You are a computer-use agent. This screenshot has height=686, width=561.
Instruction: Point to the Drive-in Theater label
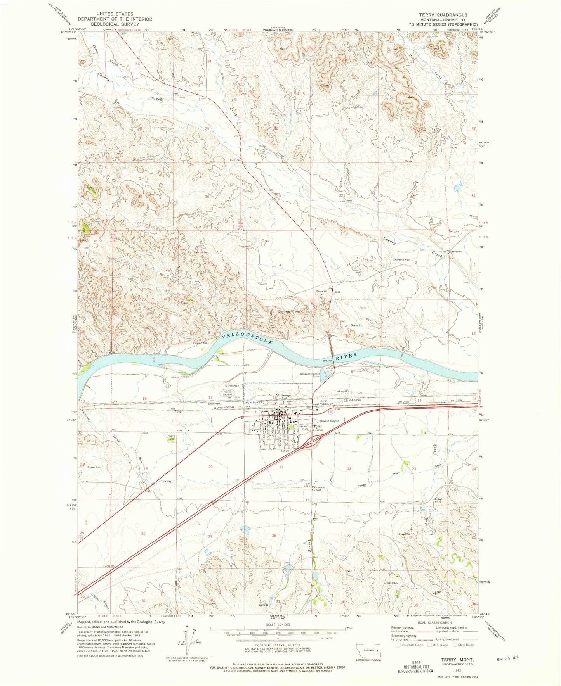pyautogui.click(x=329, y=421)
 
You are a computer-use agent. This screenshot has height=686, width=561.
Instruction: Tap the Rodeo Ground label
pyautogui.click(x=227, y=393)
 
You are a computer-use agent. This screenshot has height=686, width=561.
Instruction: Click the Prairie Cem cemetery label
pyautogui.click(x=171, y=437)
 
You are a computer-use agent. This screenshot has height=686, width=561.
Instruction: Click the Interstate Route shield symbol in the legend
pyautogui.click(x=398, y=645)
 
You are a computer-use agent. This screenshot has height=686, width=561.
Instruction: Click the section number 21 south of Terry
pyautogui.click(x=281, y=467)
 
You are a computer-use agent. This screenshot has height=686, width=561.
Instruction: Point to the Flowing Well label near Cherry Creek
pyautogui.click(x=402, y=260)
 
